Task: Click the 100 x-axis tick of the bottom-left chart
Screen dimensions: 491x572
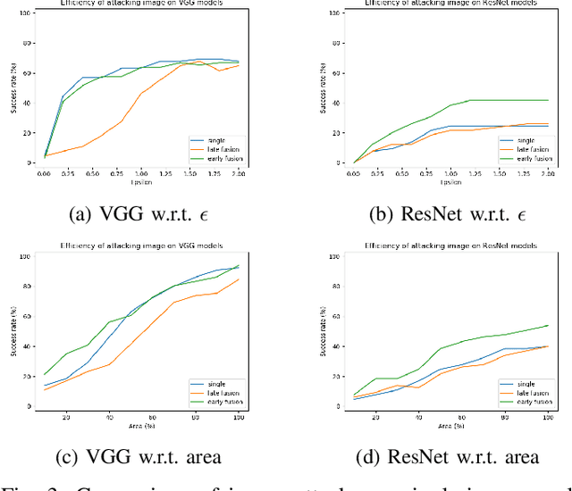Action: click(x=238, y=416)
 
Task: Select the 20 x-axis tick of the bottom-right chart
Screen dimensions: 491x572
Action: click(x=375, y=416)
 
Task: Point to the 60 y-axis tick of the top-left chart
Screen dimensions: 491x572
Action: click(x=27, y=73)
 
